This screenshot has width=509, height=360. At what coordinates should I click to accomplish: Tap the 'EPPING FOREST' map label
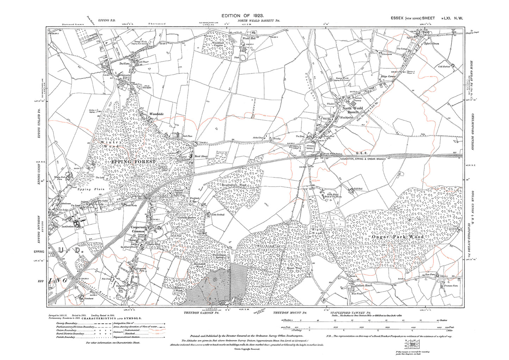point(133,161)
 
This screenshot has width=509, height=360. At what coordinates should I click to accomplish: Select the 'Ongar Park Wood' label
point(398,237)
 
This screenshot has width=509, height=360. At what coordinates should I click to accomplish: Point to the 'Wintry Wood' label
point(110,144)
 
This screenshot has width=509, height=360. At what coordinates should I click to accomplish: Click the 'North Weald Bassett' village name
point(352,110)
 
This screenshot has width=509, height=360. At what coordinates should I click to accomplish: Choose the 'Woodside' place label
point(156,114)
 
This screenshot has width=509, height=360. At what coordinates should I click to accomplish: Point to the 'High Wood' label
point(317,231)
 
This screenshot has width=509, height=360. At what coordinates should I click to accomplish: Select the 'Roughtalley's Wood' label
point(234,185)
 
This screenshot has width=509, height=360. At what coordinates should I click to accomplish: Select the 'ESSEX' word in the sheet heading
point(397,18)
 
